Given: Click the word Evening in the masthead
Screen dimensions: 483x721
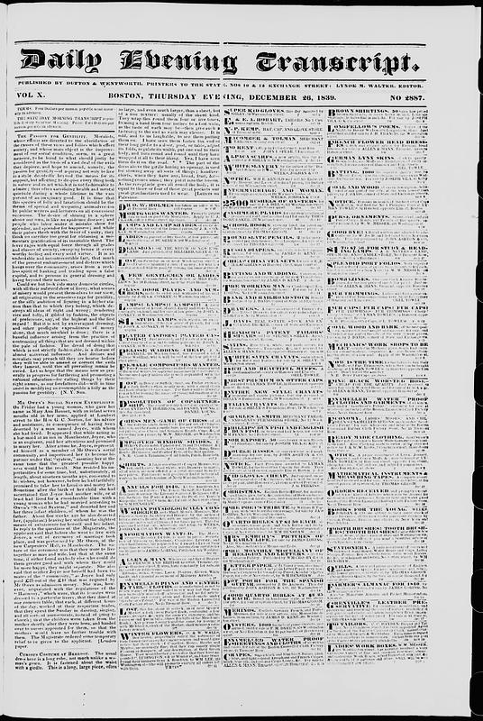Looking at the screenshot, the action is tap(186, 62).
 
